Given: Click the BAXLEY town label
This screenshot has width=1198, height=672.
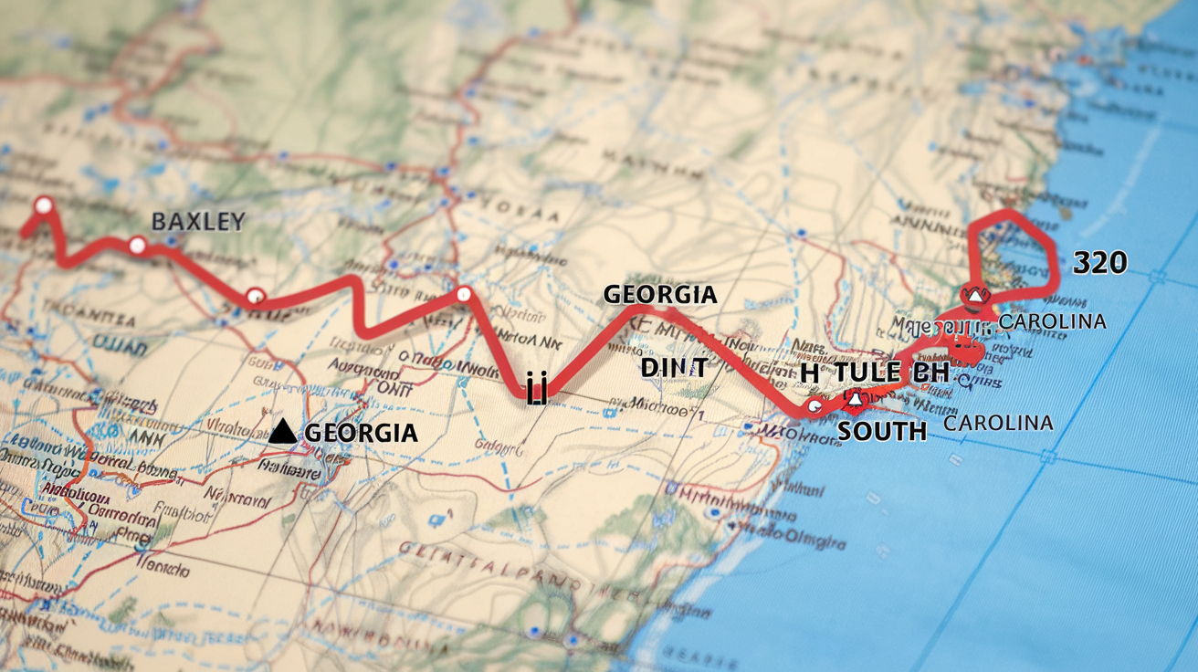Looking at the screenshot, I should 197,221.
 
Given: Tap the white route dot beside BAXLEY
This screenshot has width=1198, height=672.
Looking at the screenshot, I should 137,245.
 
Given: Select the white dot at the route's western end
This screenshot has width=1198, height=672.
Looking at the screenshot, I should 42,205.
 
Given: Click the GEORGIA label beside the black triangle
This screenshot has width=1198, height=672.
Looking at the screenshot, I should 361,433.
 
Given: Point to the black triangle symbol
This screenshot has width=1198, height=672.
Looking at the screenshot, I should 283,432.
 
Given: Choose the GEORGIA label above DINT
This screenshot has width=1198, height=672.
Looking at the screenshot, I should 659,295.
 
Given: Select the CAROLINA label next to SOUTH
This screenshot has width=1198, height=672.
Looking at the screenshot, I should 998,423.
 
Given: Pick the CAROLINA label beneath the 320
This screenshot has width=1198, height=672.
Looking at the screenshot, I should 1052,321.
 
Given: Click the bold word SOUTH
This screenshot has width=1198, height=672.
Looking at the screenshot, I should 882,431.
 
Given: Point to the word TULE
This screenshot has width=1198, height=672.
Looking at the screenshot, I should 867,373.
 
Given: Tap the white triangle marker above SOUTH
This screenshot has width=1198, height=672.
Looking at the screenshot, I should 855,398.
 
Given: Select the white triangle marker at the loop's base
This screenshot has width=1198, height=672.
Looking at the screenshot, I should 973,295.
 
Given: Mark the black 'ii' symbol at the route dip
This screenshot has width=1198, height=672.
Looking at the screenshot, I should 536,392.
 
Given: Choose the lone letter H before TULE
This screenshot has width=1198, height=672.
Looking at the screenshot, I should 810,373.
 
